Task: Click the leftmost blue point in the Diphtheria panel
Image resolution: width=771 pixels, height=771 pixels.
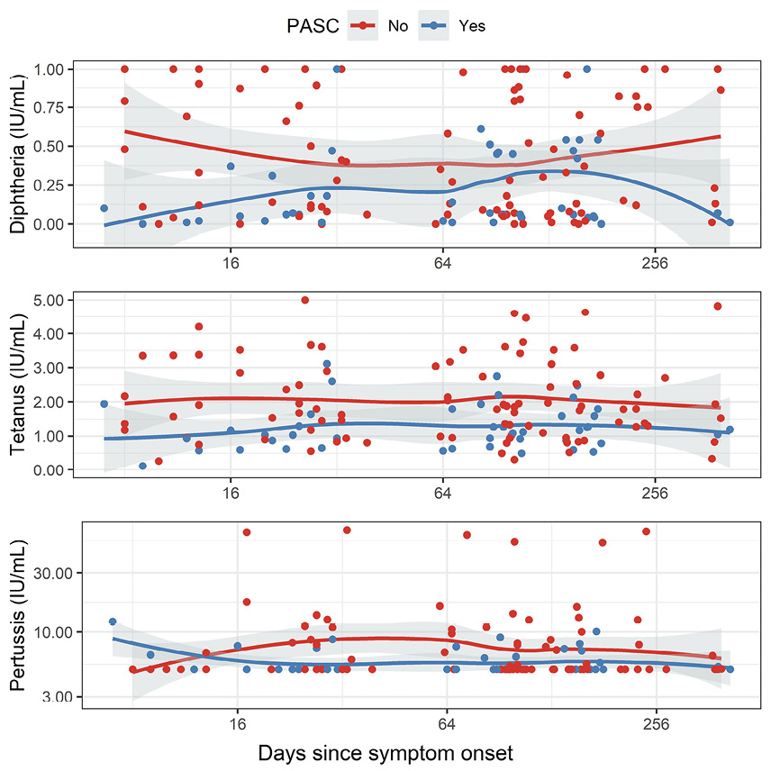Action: [x=104, y=208]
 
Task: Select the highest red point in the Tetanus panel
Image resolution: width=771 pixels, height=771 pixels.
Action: [x=304, y=300]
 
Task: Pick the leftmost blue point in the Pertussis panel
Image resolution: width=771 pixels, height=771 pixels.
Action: [x=113, y=621]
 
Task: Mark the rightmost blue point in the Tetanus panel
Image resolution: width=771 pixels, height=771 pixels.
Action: [x=730, y=430]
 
